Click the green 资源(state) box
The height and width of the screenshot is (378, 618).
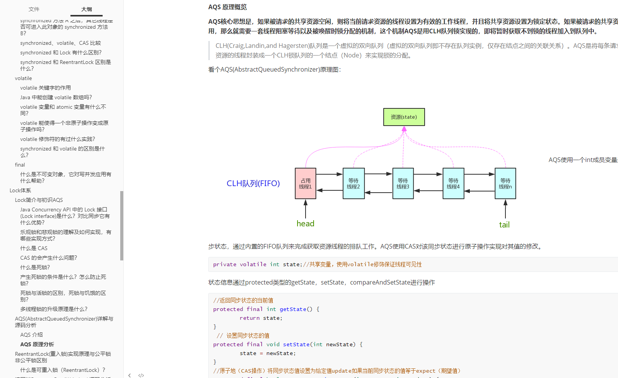coord(404,117)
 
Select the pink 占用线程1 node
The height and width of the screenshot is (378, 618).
coord(306,183)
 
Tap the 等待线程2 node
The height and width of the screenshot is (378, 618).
coord(353,183)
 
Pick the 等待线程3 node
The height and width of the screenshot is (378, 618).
coord(403,183)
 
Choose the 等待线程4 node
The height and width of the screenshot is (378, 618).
coord(453,183)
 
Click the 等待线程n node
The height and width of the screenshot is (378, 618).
coord(505,183)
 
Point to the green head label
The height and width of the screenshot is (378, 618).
coord(305,224)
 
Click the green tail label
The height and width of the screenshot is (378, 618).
coord(504,225)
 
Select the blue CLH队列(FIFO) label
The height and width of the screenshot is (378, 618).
coord(253,183)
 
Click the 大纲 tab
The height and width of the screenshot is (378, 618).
coord(87,9)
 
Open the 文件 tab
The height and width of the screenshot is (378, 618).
coord(34,9)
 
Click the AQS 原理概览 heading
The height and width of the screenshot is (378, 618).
coord(227,7)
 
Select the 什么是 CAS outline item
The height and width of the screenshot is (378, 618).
coord(34,248)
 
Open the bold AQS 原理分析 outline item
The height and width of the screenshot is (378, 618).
coord(37,344)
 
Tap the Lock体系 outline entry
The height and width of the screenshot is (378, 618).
coord(20,190)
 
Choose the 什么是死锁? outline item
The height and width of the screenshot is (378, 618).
coord(35,267)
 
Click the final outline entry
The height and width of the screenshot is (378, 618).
coord(20,165)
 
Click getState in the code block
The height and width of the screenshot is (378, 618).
coord(293,309)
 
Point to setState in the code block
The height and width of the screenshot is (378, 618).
coord(296,344)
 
